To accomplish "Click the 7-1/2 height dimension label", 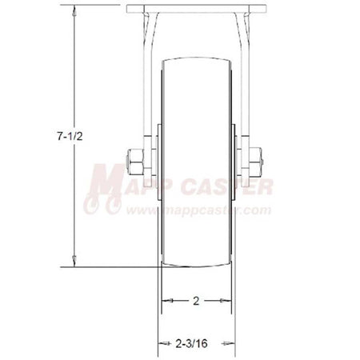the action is pos(70,136).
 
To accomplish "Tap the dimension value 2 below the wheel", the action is pos(196,301).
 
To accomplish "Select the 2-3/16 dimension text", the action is pos(191,343).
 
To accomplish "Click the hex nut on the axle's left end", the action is pos(134,162).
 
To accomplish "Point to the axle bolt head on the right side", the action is pos(256,162).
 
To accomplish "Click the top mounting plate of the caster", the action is pos(196,9).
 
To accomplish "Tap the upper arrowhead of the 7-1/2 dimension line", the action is pos(74,10).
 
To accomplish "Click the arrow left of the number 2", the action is pos(167,301).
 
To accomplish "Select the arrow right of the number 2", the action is pos(225,301).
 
